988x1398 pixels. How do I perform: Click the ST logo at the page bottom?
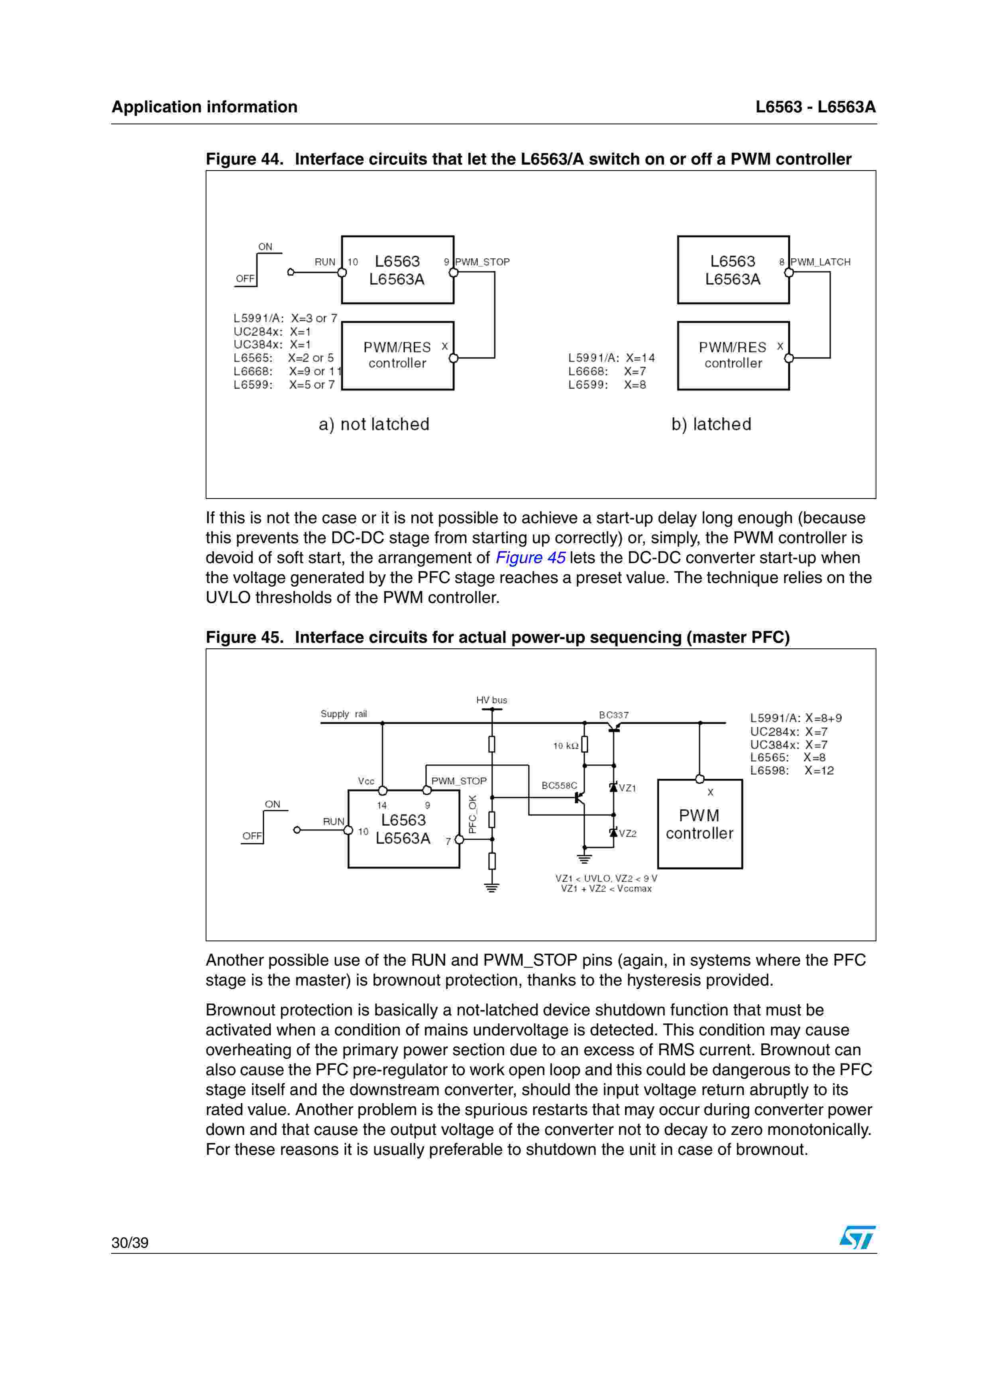click(x=857, y=1237)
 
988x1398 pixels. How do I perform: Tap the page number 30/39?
click(x=130, y=1243)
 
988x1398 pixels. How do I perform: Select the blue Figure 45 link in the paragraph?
click(x=530, y=558)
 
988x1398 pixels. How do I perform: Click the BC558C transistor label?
click(x=559, y=785)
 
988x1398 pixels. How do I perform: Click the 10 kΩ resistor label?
click(x=566, y=746)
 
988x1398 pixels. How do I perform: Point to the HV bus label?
click(x=491, y=700)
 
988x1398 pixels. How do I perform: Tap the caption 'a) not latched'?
click(x=374, y=424)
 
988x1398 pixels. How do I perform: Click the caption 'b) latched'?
click(x=711, y=424)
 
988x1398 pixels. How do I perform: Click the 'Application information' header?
click(x=204, y=107)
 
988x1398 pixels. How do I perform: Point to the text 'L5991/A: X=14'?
click(x=611, y=358)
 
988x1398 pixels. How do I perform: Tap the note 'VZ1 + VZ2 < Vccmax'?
click(x=606, y=888)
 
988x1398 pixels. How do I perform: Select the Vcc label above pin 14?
click(x=366, y=781)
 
